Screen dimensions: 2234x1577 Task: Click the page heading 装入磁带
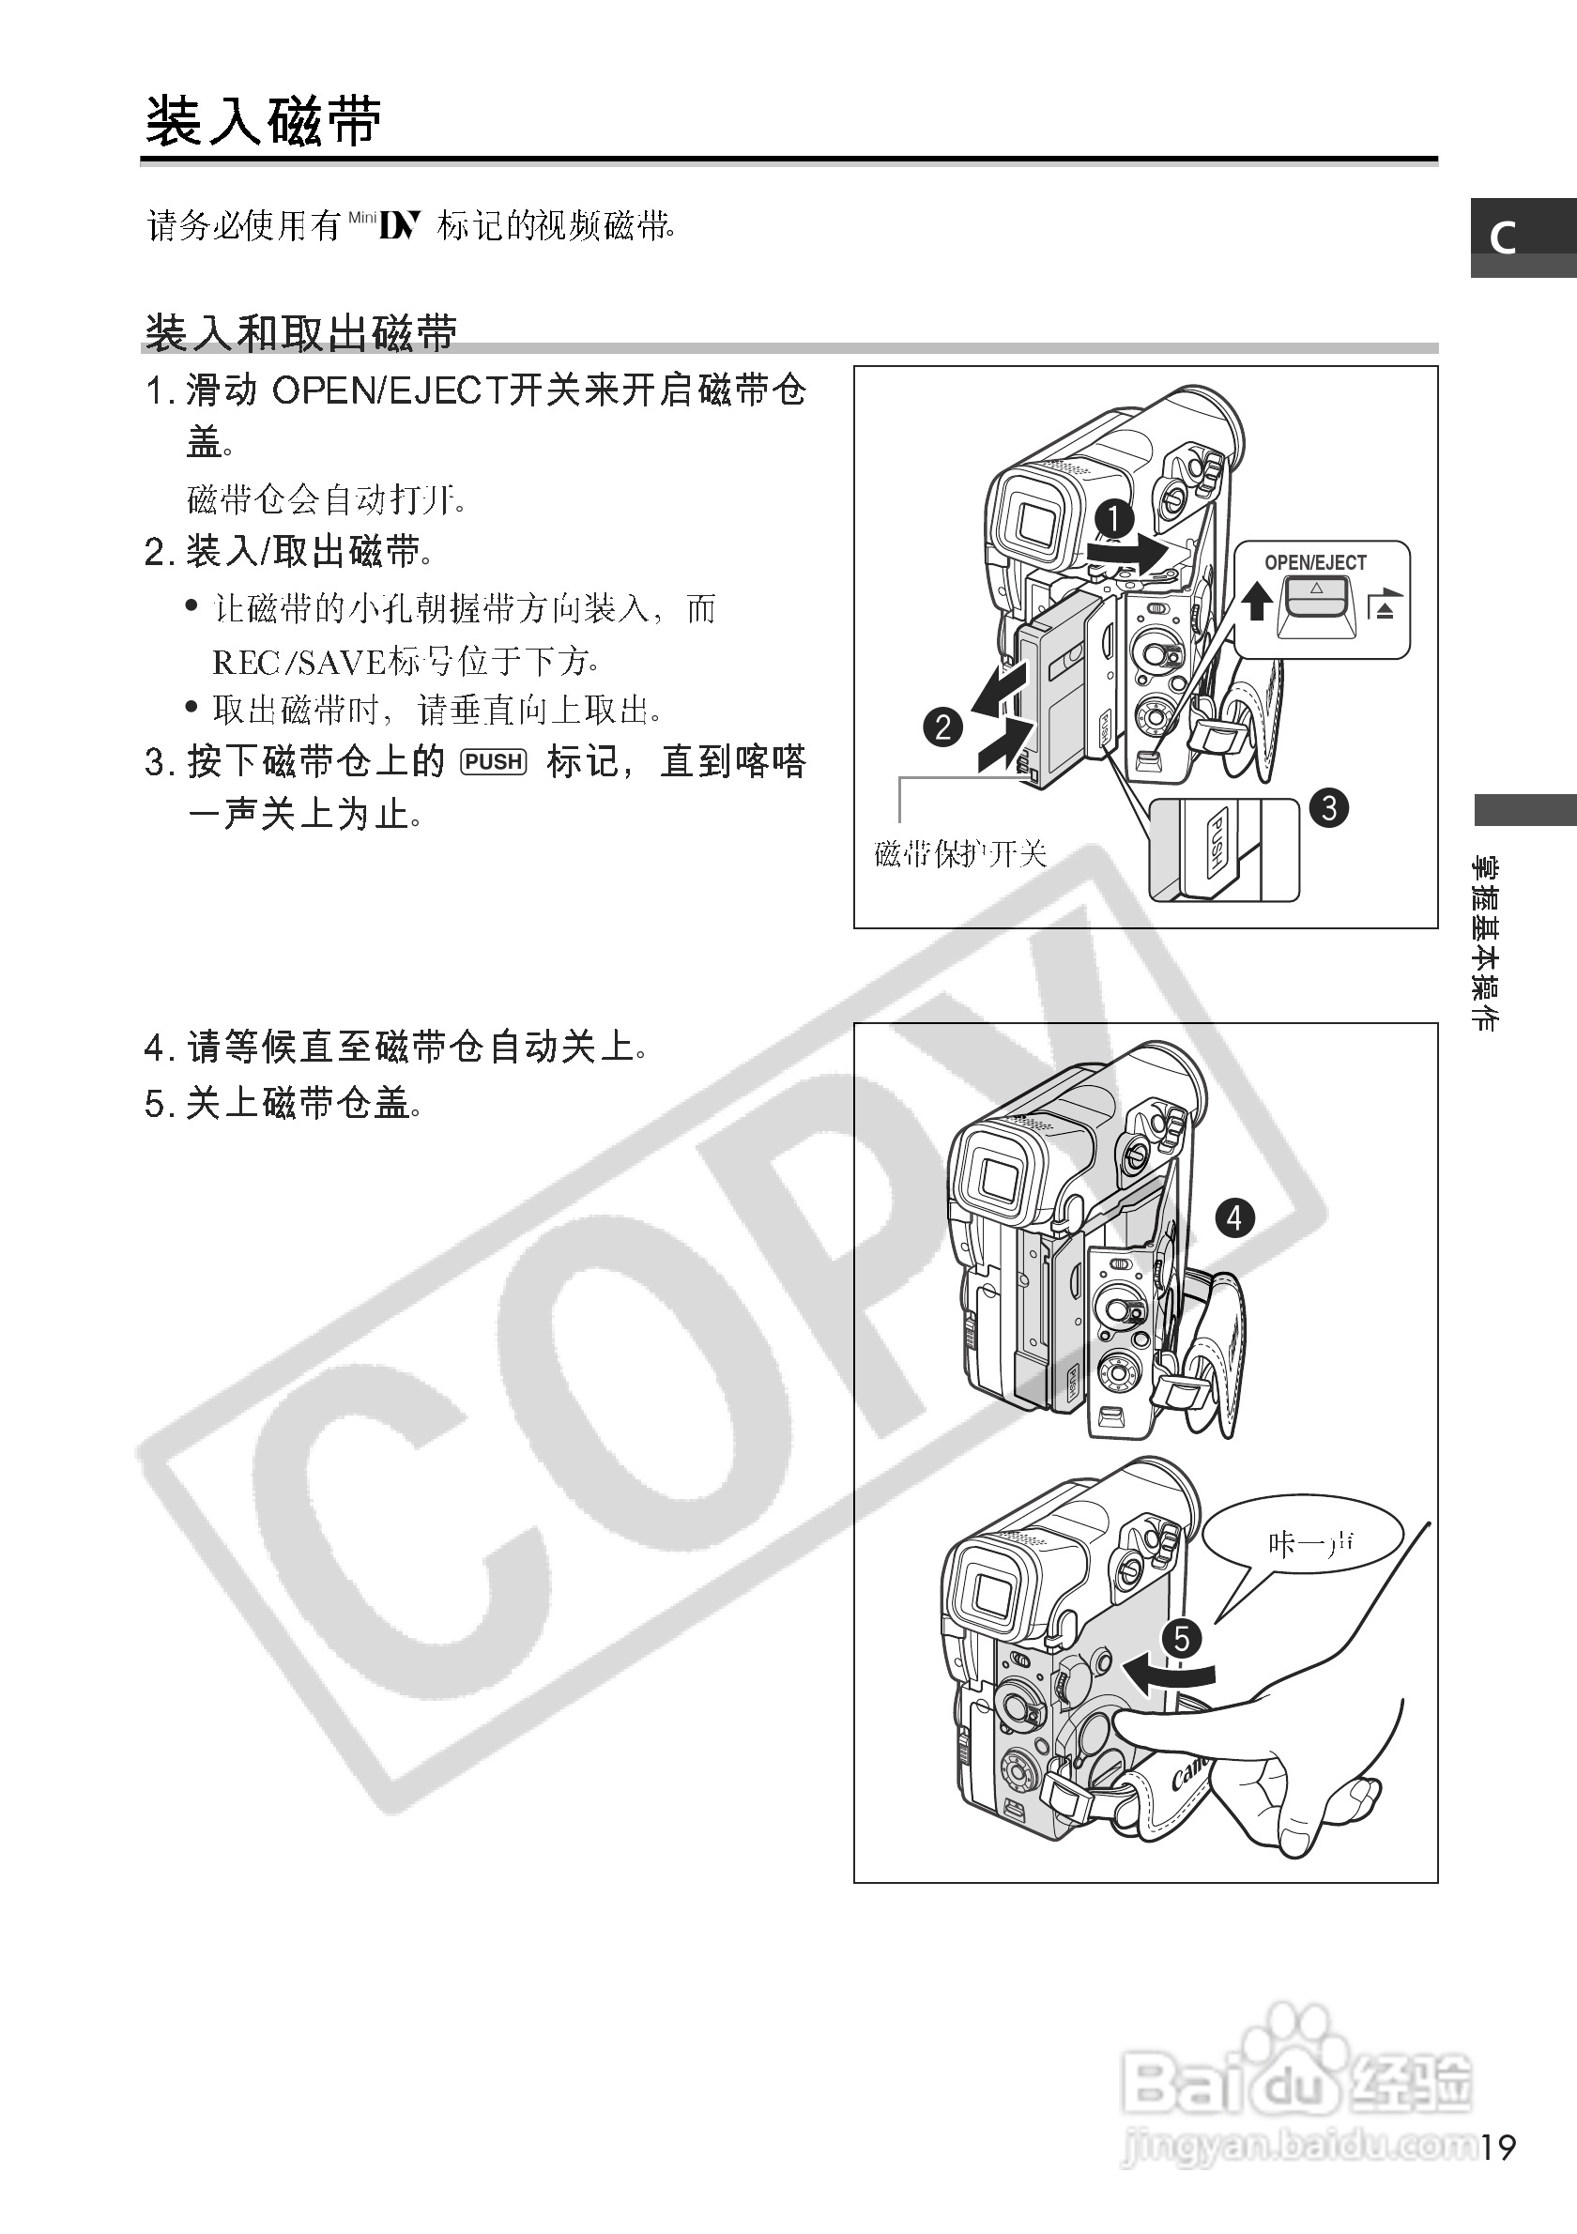coord(263,123)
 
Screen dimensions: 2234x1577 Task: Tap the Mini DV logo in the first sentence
coord(384,225)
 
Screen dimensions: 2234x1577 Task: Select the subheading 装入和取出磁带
coord(300,333)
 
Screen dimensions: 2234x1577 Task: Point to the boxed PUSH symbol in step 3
coord(494,762)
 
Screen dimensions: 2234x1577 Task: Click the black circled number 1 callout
coord(1114,518)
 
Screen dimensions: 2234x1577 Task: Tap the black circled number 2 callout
coord(942,727)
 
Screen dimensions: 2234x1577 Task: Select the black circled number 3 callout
coord(1329,807)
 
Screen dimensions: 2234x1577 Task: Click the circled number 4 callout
coord(1234,1217)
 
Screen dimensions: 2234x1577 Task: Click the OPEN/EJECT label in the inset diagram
coord(1315,563)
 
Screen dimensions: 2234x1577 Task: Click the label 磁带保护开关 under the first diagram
coord(960,854)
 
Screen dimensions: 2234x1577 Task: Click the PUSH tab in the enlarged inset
coord(1216,843)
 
